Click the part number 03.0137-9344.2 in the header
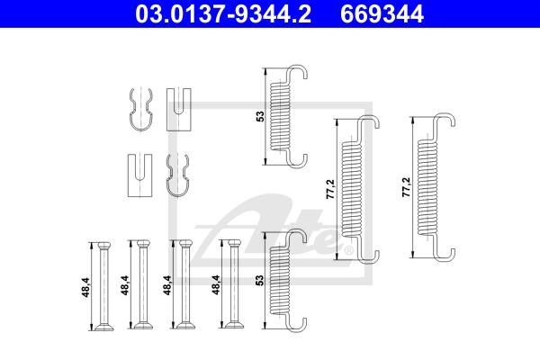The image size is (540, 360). coord(223,13)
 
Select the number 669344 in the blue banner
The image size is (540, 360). coord(382,13)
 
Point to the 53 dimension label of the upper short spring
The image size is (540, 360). coord(261,116)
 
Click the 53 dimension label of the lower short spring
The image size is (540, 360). coord(261,280)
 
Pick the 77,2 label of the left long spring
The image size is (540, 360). coord(330,189)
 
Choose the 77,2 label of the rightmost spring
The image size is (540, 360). coord(407,187)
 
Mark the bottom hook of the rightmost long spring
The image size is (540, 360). coord(445,254)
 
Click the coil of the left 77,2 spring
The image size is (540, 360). coord(352,189)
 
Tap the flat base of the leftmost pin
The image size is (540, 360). coord(104,327)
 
